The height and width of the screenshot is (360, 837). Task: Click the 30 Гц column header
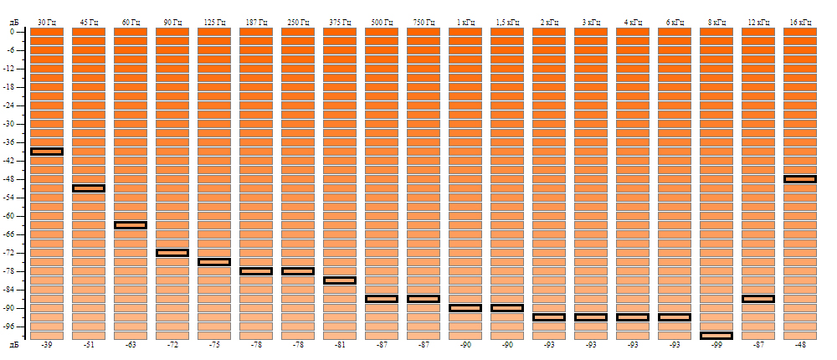coord(47,21)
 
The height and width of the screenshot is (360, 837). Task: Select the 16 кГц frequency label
coord(800,21)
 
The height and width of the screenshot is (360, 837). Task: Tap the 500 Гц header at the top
coord(382,21)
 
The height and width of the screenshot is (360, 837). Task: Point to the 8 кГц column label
coord(716,21)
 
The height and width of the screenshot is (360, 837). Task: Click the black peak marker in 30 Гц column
coord(47,152)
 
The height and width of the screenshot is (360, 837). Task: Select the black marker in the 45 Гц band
coord(89,188)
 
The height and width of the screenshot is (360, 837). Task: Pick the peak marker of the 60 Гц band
coord(131,225)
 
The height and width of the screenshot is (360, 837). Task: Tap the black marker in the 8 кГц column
coord(716,336)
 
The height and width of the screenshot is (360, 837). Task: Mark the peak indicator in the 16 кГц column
coord(800,179)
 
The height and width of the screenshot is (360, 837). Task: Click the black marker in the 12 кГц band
coord(758,299)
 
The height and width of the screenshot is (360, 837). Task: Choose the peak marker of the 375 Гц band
coord(340,280)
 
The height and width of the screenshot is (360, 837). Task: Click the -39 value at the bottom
coord(47,345)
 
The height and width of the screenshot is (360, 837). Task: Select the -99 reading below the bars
coord(716,345)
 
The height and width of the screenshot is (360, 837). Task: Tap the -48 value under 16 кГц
coord(800,345)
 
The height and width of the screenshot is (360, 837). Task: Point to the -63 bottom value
coord(131,345)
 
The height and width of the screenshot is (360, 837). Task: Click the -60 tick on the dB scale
coord(13,216)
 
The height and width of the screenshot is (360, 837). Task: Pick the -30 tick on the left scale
coord(13,124)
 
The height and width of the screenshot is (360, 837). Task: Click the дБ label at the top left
coord(13,21)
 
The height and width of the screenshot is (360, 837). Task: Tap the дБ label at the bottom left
coord(13,345)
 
